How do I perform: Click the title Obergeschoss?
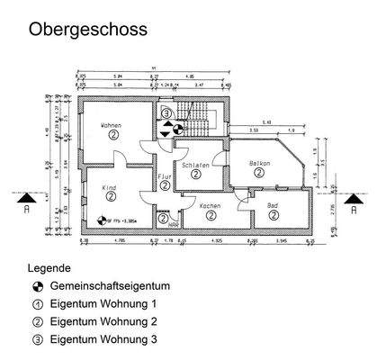click(x=87, y=29)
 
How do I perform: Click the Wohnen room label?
click(x=112, y=124)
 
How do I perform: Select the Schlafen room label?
click(x=195, y=166)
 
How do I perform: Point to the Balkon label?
click(x=260, y=163)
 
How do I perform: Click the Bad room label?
click(x=273, y=206)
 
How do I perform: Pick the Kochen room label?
click(x=210, y=206)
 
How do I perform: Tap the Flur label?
click(x=163, y=178)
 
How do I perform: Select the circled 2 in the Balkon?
click(x=259, y=173)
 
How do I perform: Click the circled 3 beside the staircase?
click(x=166, y=114)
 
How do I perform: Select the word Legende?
click(x=49, y=268)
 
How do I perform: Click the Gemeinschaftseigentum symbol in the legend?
click(x=38, y=286)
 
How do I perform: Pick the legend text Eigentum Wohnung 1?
click(x=103, y=303)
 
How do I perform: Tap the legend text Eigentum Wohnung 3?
click(x=103, y=339)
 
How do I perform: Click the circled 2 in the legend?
click(x=38, y=321)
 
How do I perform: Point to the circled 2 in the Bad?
click(x=273, y=216)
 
